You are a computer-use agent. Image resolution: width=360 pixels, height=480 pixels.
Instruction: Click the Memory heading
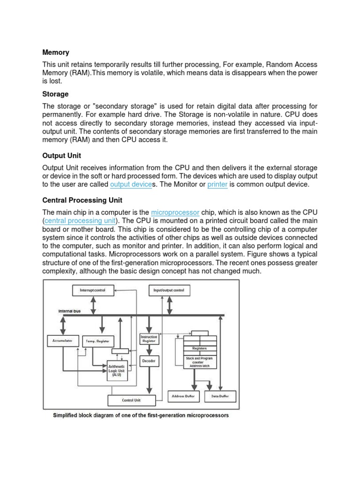[56, 52]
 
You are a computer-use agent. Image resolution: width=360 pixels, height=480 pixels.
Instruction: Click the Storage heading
[55, 94]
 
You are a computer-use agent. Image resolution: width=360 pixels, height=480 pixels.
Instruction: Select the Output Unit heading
[62, 156]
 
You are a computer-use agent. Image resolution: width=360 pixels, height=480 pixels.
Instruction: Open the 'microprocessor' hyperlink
[175, 212]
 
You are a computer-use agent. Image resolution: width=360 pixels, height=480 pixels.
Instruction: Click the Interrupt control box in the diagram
[93, 291]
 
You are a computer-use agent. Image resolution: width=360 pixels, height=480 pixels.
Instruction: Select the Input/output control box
[169, 291]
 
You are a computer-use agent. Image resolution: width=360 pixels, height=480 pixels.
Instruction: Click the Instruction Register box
[149, 339]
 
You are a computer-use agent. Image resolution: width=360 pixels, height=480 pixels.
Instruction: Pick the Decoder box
[149, 361]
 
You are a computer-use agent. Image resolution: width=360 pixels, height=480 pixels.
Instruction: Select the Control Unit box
[131, 400]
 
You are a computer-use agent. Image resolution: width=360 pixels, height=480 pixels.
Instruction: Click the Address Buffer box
[184, 396]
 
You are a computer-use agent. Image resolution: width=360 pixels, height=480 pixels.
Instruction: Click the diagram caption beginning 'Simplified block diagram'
[141, 415]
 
